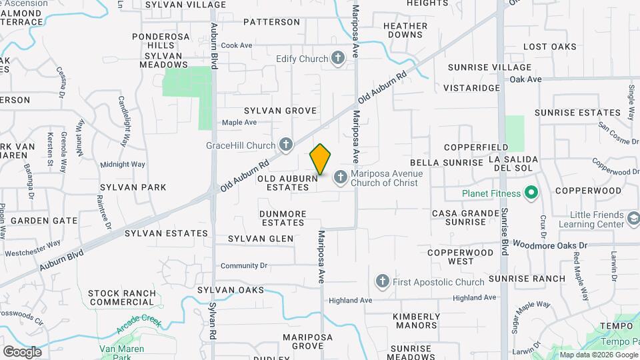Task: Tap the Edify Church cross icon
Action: [338, 59]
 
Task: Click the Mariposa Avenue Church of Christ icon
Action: [340, 177]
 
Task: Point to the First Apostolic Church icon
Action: [383, 282]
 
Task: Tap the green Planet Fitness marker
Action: [531, 194]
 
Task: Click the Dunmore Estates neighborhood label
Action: [283, 218]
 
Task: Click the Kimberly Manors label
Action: [416, 321]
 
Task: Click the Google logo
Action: [21, 351]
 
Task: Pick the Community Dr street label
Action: [243, 265]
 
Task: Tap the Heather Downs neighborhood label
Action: [405, 30]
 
